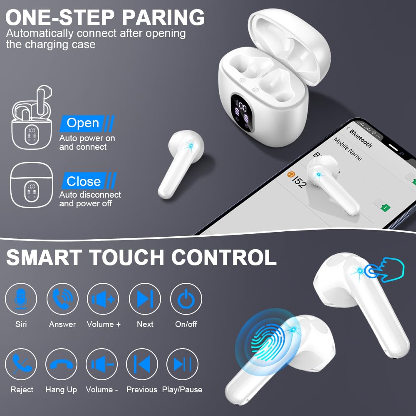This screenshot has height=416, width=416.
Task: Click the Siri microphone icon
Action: (21, 299)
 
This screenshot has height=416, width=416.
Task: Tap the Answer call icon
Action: (62, 299)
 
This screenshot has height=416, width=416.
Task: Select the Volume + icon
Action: (103, 299)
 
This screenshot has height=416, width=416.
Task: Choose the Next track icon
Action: (145, 299)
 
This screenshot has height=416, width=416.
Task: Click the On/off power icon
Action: (186, 299)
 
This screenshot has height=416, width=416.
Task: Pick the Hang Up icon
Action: (61, 364)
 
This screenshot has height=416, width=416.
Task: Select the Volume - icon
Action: (102, 364)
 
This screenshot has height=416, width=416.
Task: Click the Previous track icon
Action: (142, 364)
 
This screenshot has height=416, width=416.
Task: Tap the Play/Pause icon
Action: (182, 364)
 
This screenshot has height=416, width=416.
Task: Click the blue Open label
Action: (83, 123)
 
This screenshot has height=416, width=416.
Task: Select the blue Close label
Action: (84, 181)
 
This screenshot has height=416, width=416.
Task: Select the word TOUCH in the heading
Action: (127, 257)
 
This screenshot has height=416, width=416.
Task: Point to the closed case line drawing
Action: (31, 185)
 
